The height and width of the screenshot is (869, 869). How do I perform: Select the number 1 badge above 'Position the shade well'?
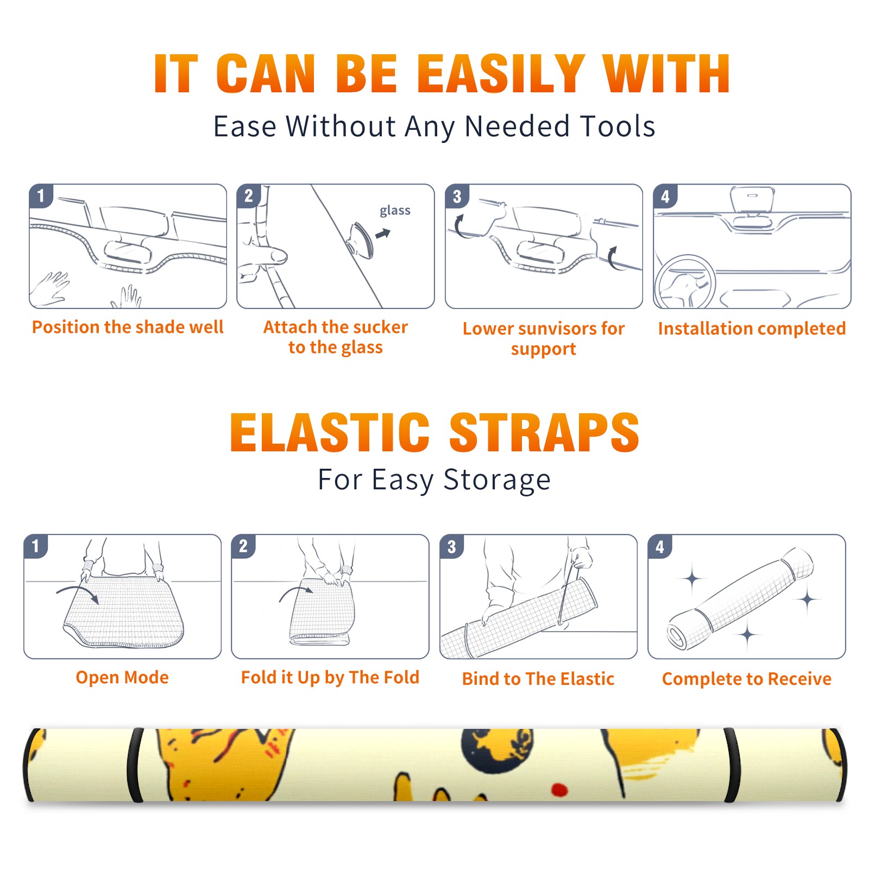41,196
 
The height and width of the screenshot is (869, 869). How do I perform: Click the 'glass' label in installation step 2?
395,211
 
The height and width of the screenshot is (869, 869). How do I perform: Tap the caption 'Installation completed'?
752,329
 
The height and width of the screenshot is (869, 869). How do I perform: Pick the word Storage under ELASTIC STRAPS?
497,480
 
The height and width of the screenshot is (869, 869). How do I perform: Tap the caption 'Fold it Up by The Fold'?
330,678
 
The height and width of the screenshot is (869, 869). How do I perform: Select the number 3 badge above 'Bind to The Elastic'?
452,546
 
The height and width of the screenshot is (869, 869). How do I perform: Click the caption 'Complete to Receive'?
747,679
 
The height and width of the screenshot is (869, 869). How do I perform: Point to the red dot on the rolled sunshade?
559,790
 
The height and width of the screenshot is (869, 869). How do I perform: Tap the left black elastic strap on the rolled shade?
136,765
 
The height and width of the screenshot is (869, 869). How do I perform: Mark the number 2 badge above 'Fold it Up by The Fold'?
243,546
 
